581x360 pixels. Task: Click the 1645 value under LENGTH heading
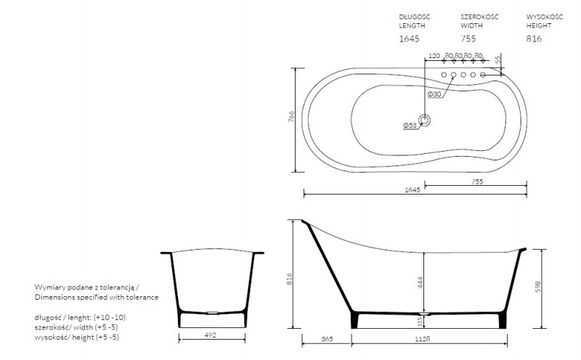pyautogui.click(x=409, y=38)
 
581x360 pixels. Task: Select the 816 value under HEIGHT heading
pyautogui.click(x=534, y=38)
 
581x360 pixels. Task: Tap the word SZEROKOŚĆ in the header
pyautogui.click(x=479, y=17)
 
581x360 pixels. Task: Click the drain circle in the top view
pyautogui.click(x=425, y=120)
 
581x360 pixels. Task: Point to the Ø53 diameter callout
pyautogui.click(x=410, y=126)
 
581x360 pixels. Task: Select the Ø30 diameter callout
pyautogui.click(x=434, y=94)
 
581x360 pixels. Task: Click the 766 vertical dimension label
pyautogui.click(x=292, y=117)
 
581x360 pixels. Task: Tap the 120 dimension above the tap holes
pyautogui.click(x=434, y=56)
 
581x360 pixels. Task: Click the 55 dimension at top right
pyautogui.click(x=498, y=58)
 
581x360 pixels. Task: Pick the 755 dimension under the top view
pyautogui.click(x=477, y=181)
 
